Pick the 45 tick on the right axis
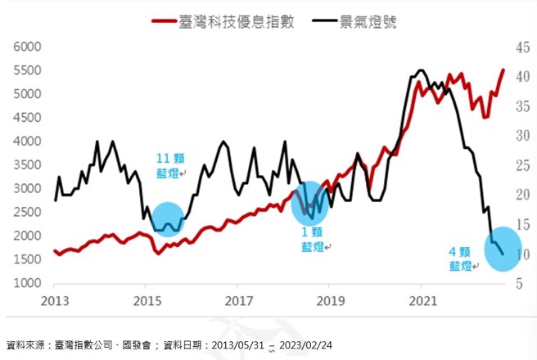(521, 47)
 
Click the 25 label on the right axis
(521, 165)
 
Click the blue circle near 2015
(167, 219)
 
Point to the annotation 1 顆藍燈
(312, 238)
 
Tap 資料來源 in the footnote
(25, 344)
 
